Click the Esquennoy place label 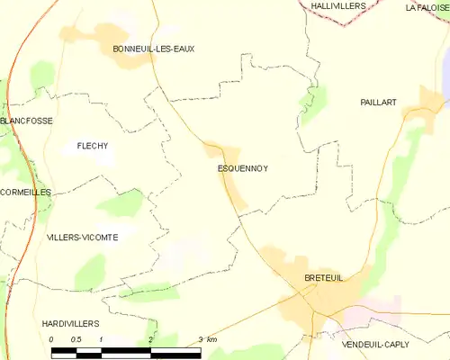coord(243,168)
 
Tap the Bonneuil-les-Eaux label coord(153,49)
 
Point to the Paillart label coord(378,103)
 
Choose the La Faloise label coord(427,8)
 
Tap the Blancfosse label coord(26,121)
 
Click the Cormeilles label coord(25,193)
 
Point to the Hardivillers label coord(70,322)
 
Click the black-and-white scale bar coord(126,351)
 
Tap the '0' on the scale coord(52,339)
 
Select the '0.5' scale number coord(76,339)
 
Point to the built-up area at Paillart coord(416,112)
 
